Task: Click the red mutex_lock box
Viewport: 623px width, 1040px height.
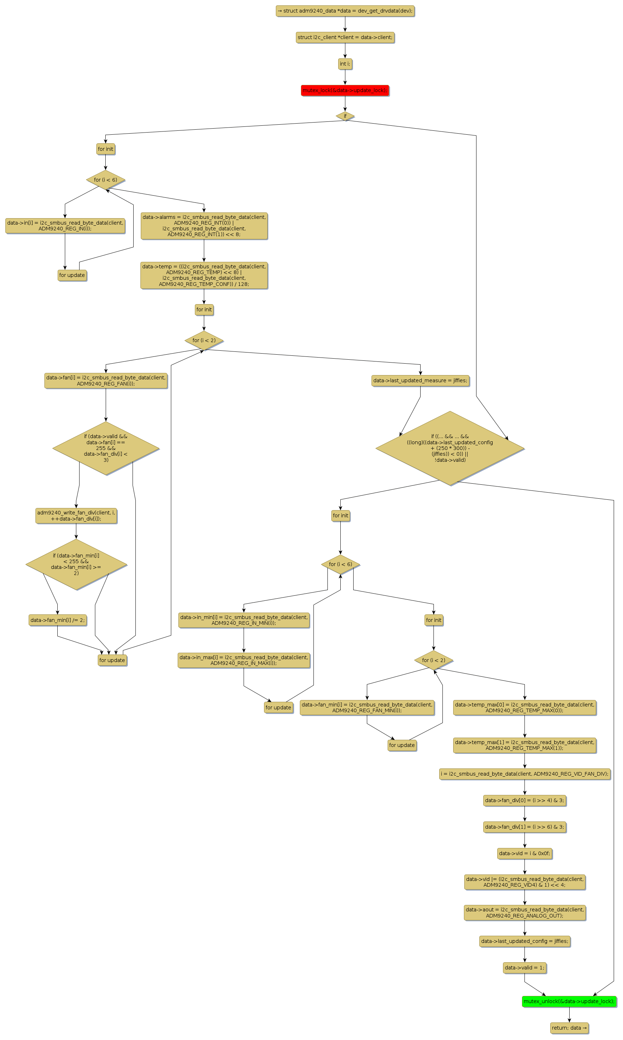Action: (x=345, y=90)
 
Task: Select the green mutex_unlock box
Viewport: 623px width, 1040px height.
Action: (x=569, y=1001)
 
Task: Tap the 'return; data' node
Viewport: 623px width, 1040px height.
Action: (x=569, y=1028)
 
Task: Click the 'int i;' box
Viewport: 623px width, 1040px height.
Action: (x=345, y=64)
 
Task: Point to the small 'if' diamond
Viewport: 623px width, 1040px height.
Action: (x=345, y=116)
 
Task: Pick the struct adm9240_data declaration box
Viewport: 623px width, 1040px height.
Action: (x=345, y=11)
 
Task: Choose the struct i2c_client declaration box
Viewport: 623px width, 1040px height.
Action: (x=345, y=37)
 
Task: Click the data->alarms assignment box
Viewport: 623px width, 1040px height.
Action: (x=204, y=226)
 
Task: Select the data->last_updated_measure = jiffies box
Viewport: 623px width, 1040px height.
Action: (x=420, y=381)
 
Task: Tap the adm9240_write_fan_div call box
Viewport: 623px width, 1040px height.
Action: (x=76, y=516)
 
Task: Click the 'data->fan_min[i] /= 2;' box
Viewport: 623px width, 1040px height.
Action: (x=58, y=620)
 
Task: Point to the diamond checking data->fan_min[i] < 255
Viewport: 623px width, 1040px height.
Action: (x=76, y=565)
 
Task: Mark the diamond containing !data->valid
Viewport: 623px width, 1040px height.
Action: (x=450, y=448)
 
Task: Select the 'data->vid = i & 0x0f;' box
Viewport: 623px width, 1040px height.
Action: (x=524, y=853)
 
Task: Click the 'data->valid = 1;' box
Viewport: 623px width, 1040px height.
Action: (x=524, y=968)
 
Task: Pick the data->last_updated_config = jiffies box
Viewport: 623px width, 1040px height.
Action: (x=524, y=941)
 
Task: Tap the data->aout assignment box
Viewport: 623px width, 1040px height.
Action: (x=524, y=912)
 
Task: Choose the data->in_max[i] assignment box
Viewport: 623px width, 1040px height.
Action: (x=244, y=660)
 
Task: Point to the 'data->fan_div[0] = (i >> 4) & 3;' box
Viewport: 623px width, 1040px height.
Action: (x=524, y=800)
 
